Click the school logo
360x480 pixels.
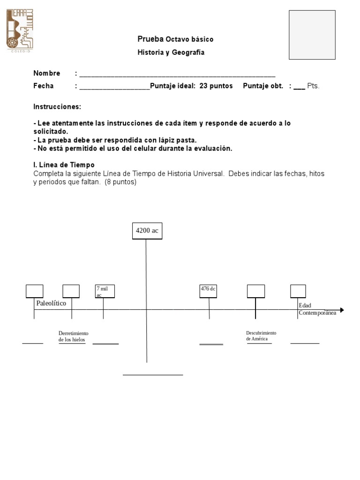pos(20,30)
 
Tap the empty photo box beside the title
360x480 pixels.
pos(312,35)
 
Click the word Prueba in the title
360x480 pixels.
pos(150,39)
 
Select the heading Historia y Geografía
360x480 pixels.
pos(171,52)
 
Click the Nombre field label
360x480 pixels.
pos(46,73)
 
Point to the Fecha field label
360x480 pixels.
pos(43,86)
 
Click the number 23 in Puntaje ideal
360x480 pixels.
pos(203,86)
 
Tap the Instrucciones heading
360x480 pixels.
pos(57,107)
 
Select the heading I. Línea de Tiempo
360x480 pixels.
pos(64,165)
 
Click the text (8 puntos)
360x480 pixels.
pos(120,182)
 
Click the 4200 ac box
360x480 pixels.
pos(147,231)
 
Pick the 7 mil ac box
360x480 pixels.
pos(105,291)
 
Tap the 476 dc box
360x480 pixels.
pos(208,291)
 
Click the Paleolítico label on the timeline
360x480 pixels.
pos(51,303)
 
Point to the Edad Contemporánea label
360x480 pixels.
pos(317,309)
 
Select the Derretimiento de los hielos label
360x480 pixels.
pos(73,336)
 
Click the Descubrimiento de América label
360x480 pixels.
pos(261,336)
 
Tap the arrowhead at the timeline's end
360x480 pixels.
pos(342,310)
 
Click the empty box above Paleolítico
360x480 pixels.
pos(34,291)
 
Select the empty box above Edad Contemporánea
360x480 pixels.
pos(298,291)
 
